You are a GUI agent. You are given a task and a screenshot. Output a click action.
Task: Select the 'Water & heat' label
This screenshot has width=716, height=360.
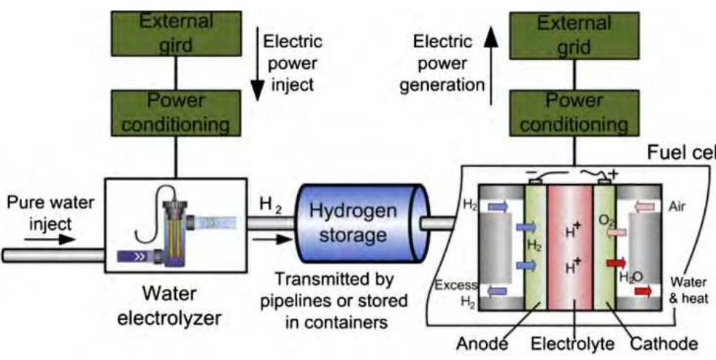[x=687, y=288]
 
